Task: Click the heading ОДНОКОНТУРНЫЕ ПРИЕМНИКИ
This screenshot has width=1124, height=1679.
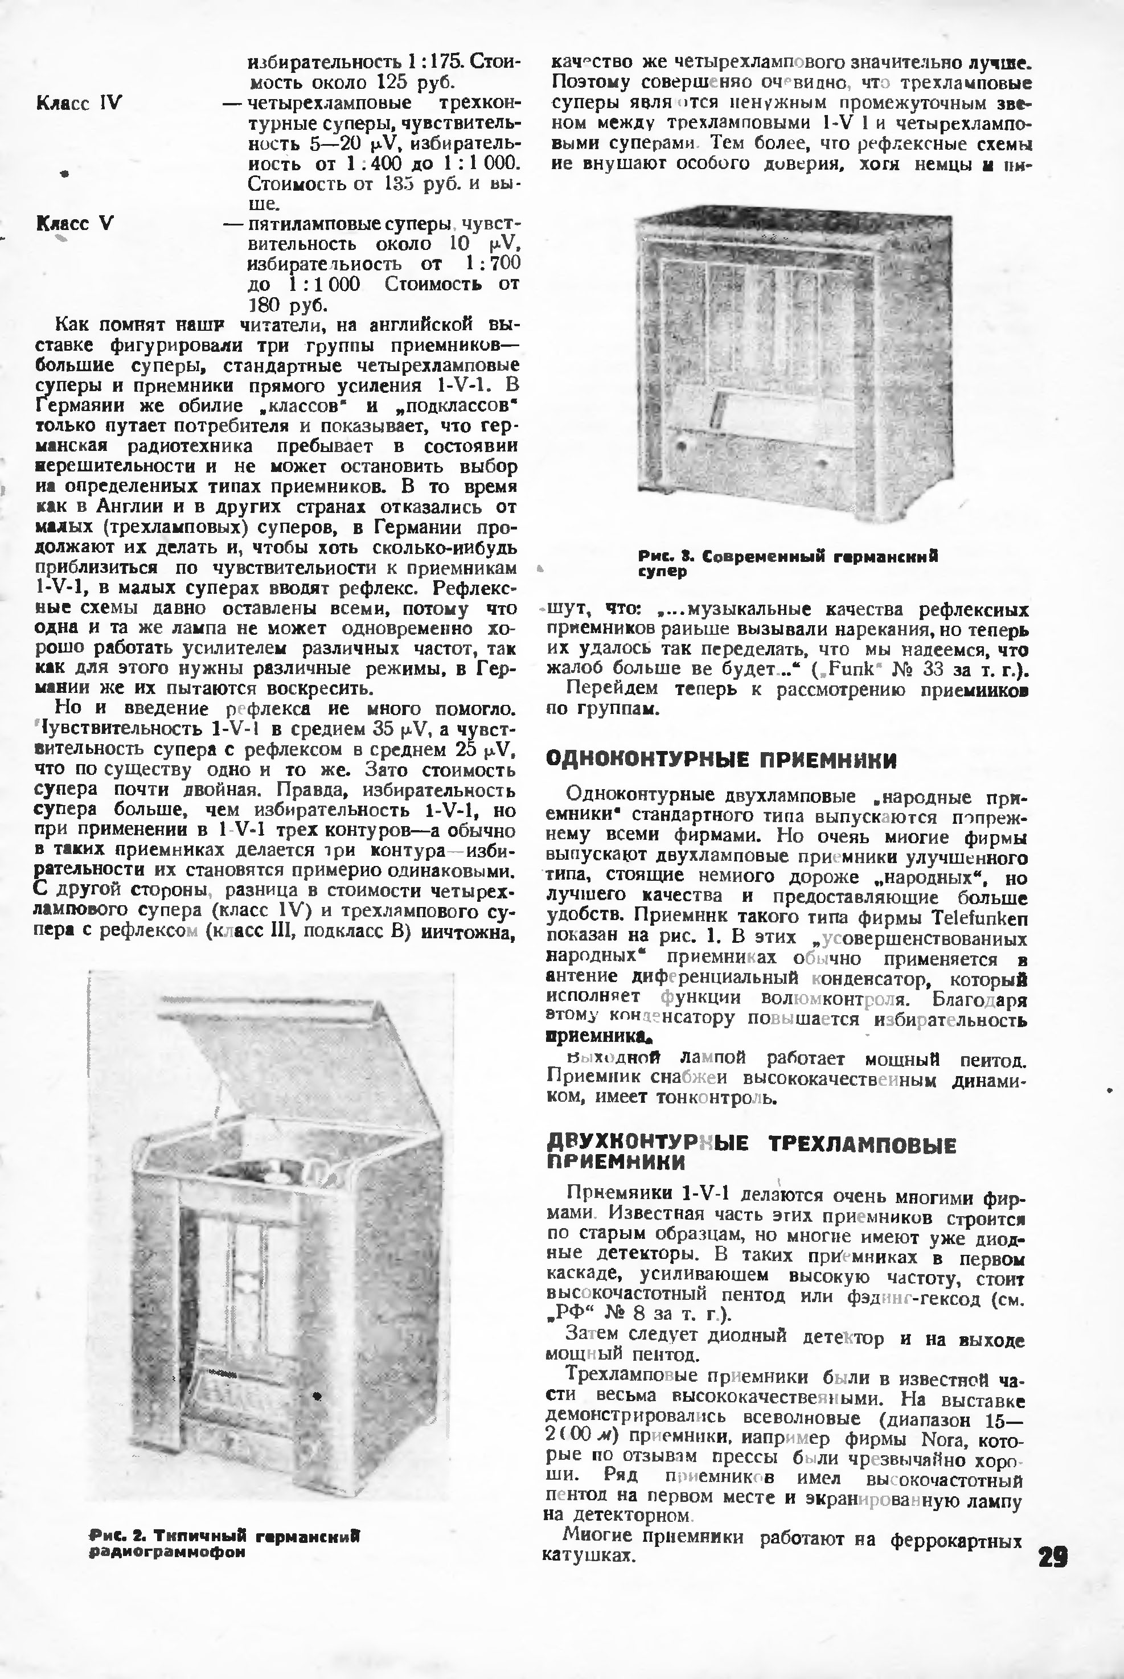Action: (x=721, y=760)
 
